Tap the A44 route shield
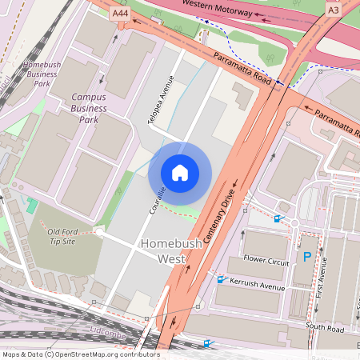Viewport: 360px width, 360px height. [121, 14]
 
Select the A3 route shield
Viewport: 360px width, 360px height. [333, 10]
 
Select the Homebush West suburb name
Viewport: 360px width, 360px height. [166, 250]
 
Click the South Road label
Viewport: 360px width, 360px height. [326, 329]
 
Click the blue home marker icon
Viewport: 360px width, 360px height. [180, 172]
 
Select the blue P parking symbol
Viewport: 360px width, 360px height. [307, 258]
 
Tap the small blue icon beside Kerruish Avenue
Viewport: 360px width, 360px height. [222, 279]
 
